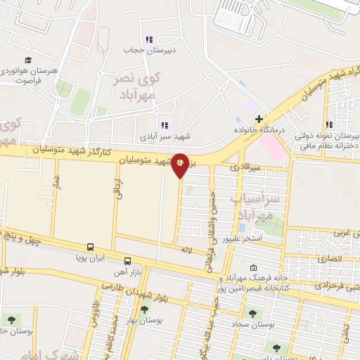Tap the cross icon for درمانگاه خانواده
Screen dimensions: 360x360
click(259, 119)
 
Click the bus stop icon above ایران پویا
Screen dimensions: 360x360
click(90, 247)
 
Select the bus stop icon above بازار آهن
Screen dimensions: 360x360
click(127, 259)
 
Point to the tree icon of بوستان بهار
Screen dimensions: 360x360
click(145, 309)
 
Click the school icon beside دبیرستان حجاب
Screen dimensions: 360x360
click(148, 39)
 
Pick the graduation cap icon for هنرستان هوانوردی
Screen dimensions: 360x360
click(27, 60)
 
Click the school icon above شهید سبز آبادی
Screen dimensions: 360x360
click(165, 125)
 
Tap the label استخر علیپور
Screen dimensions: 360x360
click(242, 239)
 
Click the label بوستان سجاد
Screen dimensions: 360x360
click(251, 326)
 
